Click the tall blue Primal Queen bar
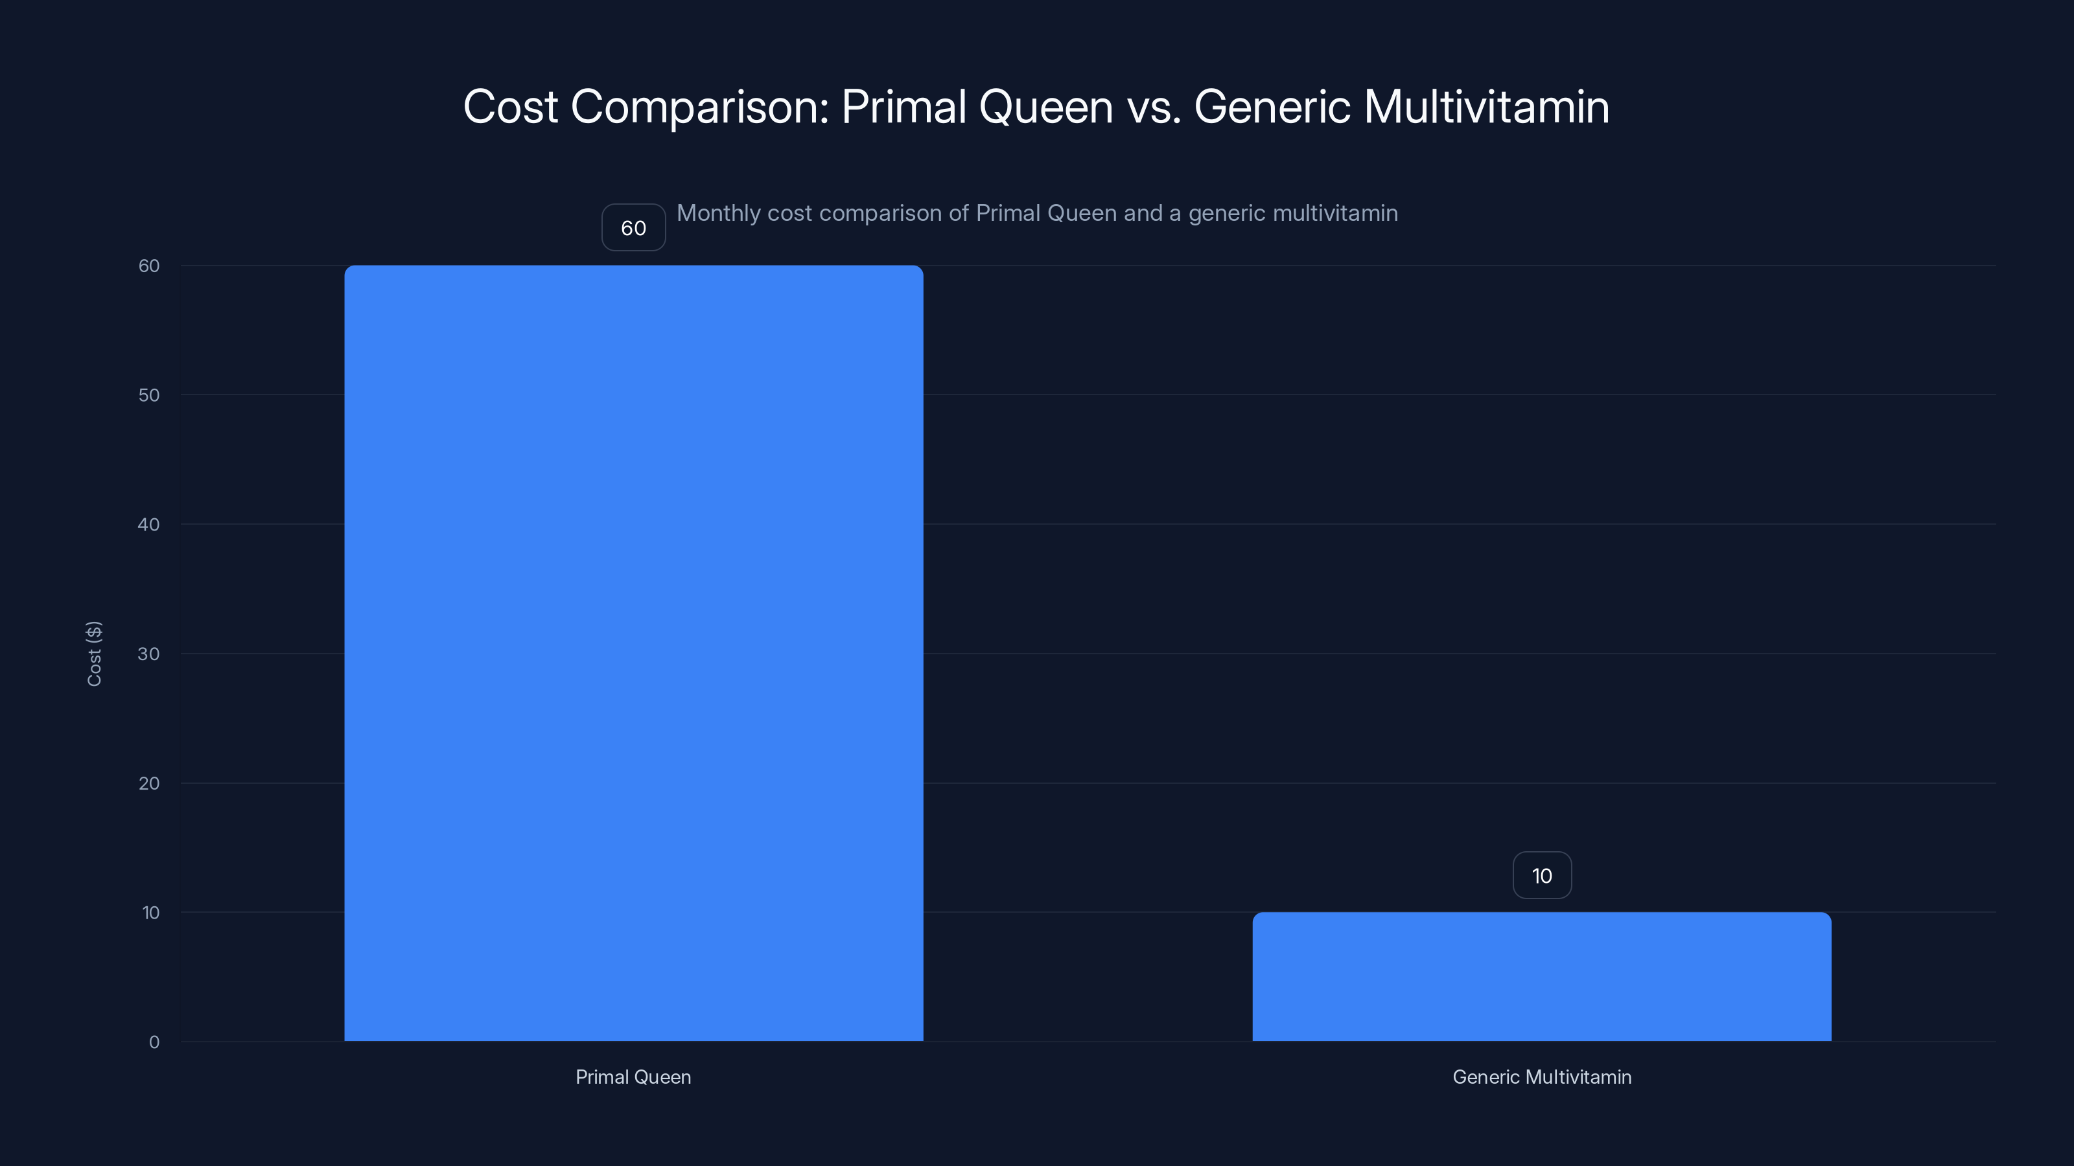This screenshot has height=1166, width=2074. [634, 652]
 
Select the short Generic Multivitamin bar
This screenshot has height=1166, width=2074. [1541, 976]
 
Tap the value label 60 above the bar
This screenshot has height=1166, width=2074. [634, 228]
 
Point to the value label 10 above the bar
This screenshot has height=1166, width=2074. [1541, 876]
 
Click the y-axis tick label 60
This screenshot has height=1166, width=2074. [149, 266]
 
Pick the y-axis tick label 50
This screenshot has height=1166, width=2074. [149, 395]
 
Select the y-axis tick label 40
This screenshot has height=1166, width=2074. [149, 525]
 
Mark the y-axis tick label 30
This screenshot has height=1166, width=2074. [149, 654]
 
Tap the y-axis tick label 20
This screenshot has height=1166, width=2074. [149, 783]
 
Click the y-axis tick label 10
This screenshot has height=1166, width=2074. [150, 913]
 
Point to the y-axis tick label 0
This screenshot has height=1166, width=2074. [154, 1042]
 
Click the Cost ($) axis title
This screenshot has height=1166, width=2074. [94, 654]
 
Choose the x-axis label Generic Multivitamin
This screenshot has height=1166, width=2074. [1541, 1077]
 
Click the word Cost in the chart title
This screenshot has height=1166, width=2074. [511, 106]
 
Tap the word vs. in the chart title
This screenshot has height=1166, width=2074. [1154, 108]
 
